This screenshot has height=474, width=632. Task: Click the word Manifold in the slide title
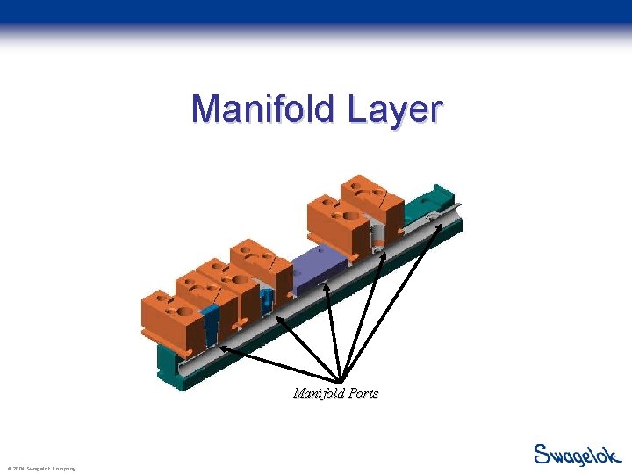click(263, 110)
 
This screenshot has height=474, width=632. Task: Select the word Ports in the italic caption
click(361, 393)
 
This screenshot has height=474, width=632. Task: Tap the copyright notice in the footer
click(40, 469)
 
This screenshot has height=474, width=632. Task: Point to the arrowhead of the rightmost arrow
click(440, 219)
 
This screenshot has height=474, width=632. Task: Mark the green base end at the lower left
click(171, 369)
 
